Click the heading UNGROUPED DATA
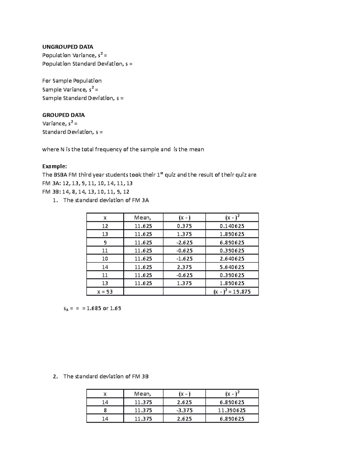(x=67, y=47)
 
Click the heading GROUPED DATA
(x=63, y=115)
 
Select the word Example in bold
(x=54, y=166)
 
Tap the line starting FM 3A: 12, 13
(x=87, y=183)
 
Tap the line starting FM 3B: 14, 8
(x=86, y=192)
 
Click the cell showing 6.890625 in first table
(x=232, y=242)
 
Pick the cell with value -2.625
(x=184, y=242)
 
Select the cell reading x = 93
(x=105, y=291)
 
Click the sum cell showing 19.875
(x=232, y=291)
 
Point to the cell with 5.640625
(x=232, y=267)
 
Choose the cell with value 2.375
(x=184, y=267)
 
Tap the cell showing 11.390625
(x=232, y=410)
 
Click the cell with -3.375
(x=184, y=410)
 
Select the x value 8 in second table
(x=105, y=410)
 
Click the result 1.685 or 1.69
(x=103, y=308)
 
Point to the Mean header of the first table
(x=143, y=218)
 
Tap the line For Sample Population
(x=72, y=81)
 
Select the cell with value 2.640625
(x=232, y=259)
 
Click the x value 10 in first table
(x=105, y=259)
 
